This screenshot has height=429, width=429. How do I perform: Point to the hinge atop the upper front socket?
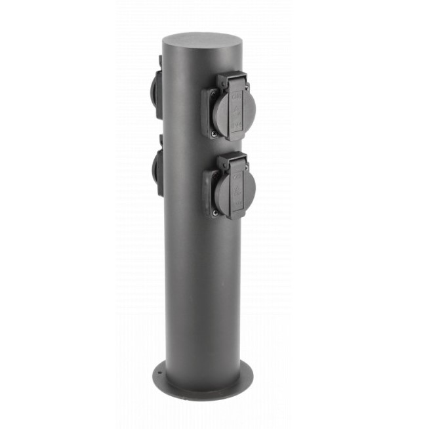point(231,81)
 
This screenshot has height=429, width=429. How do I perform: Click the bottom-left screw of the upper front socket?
point(213,133)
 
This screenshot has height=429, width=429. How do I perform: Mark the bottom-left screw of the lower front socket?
point(214,212)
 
